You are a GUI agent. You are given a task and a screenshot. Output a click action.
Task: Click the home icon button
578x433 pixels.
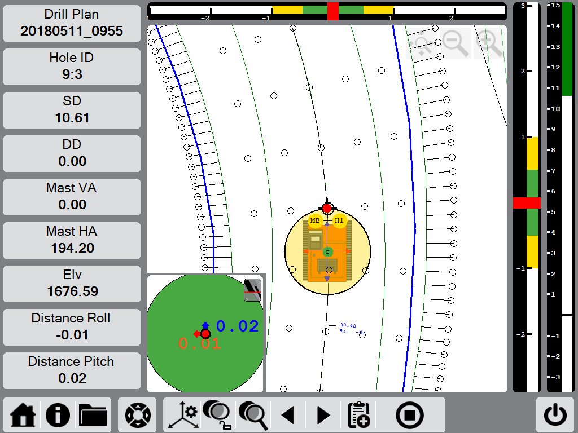click(23, 416)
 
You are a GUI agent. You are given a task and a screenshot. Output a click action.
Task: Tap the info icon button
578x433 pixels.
click(58, 416)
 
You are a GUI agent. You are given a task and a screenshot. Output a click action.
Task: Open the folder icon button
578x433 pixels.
click(93, 416)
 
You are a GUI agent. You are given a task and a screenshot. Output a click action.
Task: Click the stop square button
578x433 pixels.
click(410, 416)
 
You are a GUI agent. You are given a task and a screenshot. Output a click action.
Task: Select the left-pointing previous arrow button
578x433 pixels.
click(288, 416)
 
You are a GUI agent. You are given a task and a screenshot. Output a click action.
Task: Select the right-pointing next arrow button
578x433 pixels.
click(323, 416)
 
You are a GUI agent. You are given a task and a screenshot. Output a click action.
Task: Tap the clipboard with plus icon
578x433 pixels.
click(359, 416)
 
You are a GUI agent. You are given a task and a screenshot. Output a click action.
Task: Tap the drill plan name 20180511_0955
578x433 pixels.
click(72, 31)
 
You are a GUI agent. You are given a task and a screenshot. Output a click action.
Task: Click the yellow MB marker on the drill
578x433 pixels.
click(315, 220)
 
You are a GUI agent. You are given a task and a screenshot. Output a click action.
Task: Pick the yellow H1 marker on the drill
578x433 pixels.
click(339, 220)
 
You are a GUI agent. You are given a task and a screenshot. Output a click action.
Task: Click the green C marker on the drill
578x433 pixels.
click(327, 251)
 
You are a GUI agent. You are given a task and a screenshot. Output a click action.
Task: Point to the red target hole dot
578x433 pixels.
click(327, 208)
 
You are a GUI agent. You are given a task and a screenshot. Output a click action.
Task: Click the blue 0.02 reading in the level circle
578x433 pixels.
click(238, 326)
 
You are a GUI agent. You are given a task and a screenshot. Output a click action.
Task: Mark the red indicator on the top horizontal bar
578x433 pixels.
click(333, 11)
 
